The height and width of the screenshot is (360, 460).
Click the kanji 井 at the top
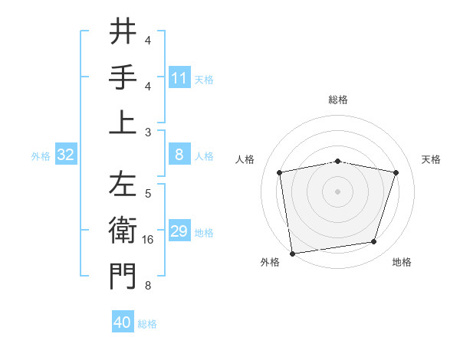tap(123, 33)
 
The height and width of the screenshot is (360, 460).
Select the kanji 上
tap(123, 123)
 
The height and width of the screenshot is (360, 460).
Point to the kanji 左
tap(123, 187)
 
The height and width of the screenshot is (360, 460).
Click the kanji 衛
tap(123, 231)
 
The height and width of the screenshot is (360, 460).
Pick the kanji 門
tap(123, 277)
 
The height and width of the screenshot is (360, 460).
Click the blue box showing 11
tap(179, 78)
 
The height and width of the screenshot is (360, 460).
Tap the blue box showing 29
tap(179, 231)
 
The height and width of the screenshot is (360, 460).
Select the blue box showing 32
tap(66, 155)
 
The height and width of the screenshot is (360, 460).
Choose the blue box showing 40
tap(123, 322)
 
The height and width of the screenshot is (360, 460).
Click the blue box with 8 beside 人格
tap(179, 155)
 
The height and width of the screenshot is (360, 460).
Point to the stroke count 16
tap(148, 241)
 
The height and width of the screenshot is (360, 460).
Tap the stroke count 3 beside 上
tap(148, 132)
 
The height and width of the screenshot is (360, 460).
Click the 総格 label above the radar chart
tap(337, 100)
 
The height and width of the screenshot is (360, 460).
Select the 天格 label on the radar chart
tap(432, 159)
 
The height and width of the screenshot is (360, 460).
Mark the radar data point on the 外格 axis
tap(292, 253)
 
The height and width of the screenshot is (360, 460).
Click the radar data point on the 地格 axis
tap(374, 242)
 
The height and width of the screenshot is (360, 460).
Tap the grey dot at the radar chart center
tap(337, 191)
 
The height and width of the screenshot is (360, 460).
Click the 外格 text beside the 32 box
tap(41, 156)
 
